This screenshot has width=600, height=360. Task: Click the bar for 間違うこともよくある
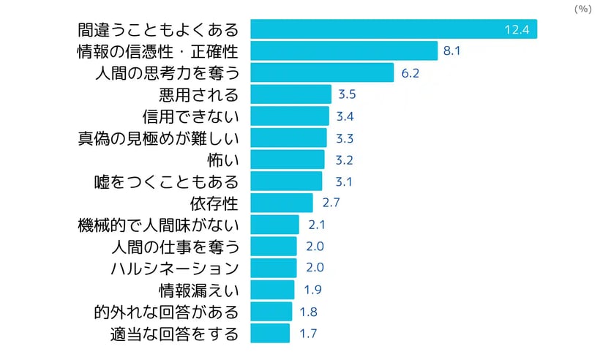coord(394,29)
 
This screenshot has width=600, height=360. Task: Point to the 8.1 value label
coord(451,51)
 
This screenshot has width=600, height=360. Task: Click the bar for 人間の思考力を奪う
coord(322,72)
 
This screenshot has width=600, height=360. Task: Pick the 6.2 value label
coord(410,73)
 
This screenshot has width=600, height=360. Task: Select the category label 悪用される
coord(198,94)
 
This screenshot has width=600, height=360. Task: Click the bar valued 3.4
coord(290,116)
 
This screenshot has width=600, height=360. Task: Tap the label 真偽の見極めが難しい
coord(158,138)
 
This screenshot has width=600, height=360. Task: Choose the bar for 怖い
coord(288,160)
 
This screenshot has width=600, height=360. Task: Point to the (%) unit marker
coord(582,8)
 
